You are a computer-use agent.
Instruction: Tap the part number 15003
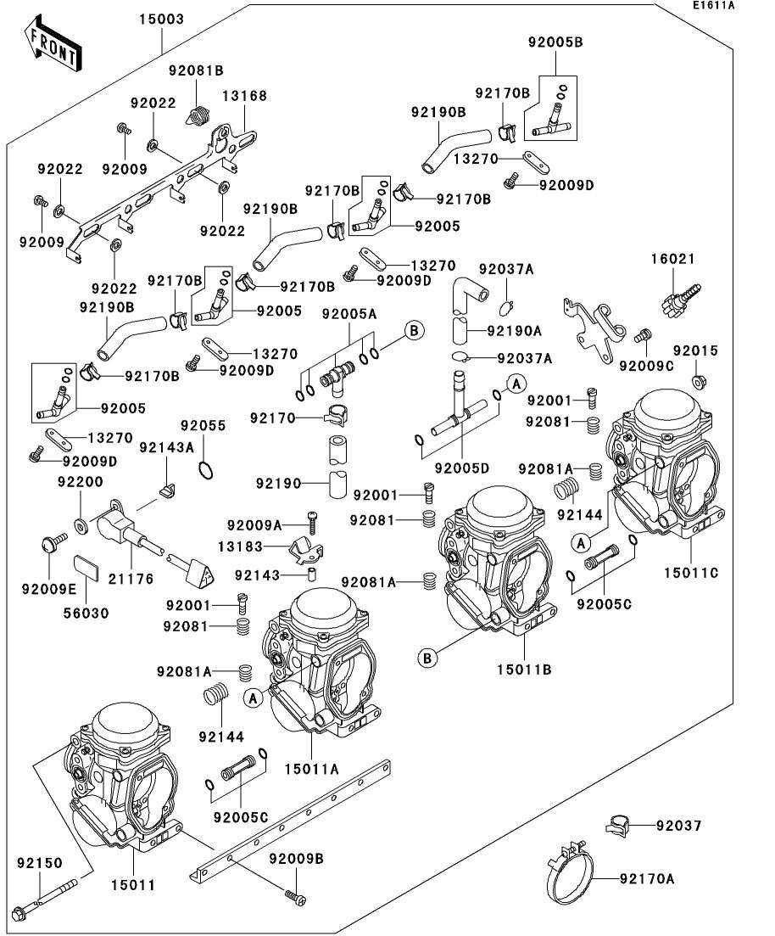[x=162, y=20]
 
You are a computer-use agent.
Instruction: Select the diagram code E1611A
[x=714, y=6]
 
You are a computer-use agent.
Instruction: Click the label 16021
[x=672, y=259]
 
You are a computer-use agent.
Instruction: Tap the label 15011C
[x=691, y=573]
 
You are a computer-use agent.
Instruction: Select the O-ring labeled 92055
[x=205, y=470]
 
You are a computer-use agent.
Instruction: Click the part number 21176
[x=131, y=579]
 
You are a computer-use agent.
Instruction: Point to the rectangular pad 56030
[x=86, y=568]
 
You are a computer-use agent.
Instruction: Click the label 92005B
[x=555, y=42]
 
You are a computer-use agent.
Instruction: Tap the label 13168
[x=244, y=96]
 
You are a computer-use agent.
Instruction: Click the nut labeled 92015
[x=698, y=381]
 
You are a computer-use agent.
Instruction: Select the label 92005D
[x=462, y=468]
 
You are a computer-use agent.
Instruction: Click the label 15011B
[x=524, y=670]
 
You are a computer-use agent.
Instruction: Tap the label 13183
[x=240, y=546]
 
